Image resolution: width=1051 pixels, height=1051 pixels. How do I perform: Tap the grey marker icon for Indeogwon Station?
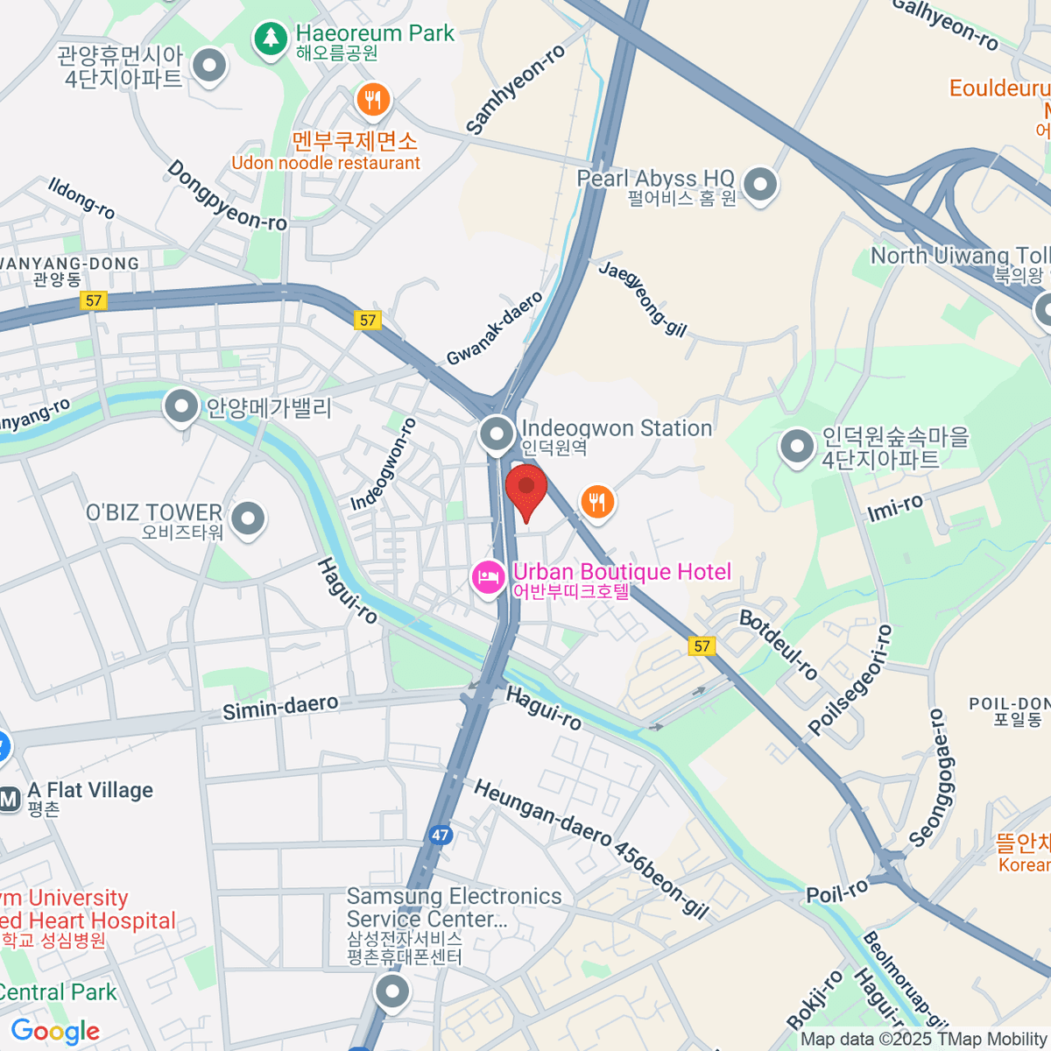click(497, 434)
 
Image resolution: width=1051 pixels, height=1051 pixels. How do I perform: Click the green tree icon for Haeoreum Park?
click(272, 39)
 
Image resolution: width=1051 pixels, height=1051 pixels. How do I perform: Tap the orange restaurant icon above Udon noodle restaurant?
click(374, 100)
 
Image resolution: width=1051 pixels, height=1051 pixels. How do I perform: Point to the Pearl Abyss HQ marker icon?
click(760, 185)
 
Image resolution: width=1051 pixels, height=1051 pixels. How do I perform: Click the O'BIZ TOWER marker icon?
click(249, 518)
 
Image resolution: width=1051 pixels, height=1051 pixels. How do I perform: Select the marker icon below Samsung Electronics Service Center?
click(392, 993)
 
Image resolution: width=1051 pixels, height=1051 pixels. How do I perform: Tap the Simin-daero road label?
click(280, 707)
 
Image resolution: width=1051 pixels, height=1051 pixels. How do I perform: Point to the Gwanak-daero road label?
click(495, 330)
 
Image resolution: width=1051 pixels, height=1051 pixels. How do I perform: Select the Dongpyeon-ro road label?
click(227, 196)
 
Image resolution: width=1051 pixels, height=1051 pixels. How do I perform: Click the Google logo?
click(56, 1031)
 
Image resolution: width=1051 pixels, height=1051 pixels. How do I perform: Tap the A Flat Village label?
click(90, 790)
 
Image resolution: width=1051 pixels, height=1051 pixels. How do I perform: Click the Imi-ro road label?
click(894, 507)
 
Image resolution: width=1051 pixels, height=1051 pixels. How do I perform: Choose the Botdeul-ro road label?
click(779, 645)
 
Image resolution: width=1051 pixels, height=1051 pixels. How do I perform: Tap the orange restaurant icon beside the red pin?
click(597, 502)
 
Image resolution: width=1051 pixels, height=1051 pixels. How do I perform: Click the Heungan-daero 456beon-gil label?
click(591, 849)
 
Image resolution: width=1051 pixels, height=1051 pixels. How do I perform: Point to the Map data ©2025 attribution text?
click(923, 1040)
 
